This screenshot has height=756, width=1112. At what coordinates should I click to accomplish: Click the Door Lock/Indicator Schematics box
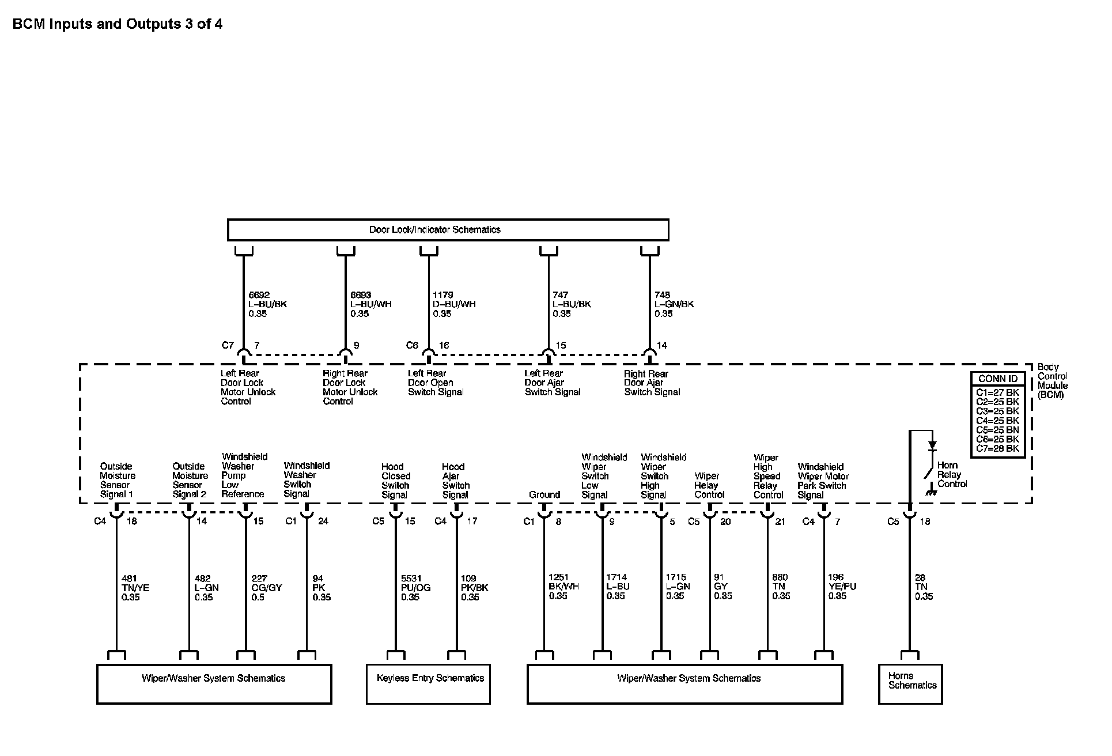[x=448, y=229]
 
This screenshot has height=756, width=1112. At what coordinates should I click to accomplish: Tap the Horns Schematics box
[x=910, y=683]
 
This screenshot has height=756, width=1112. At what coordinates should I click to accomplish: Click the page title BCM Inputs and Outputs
[x=118, y=24]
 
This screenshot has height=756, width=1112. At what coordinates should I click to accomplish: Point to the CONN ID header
[x=997, y=379]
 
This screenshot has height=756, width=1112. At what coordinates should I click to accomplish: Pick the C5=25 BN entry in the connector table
[x=997, y=430]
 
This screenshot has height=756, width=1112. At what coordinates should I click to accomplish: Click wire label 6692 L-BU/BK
[x=267, y=304]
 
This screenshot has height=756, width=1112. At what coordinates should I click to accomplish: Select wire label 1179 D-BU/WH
[x=454, y=304]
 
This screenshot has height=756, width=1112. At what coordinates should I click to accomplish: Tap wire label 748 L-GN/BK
[x=674, y=304]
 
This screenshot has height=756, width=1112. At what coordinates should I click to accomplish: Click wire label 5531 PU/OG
[x=415, y=588]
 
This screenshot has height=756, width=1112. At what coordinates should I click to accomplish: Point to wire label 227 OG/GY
[x=266, y=588]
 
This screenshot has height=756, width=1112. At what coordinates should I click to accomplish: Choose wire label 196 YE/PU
[x=842, y=587]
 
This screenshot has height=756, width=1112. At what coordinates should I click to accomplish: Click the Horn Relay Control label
[x=952, y=474]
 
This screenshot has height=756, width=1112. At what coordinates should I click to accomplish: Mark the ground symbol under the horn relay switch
[x=930, y=492]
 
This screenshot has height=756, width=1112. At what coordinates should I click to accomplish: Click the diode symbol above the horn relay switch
[x=932, y=445]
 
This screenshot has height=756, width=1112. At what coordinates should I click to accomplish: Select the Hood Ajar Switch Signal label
[x=455, y=481]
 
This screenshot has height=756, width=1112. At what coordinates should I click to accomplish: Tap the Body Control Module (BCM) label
[x=1052, y=381]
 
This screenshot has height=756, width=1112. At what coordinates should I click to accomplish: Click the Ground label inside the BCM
[x=544, y=494]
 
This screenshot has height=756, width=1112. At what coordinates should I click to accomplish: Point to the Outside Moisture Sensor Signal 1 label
[x=117, y=480]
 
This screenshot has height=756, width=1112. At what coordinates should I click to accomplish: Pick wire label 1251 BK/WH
[x=563, y=587]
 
